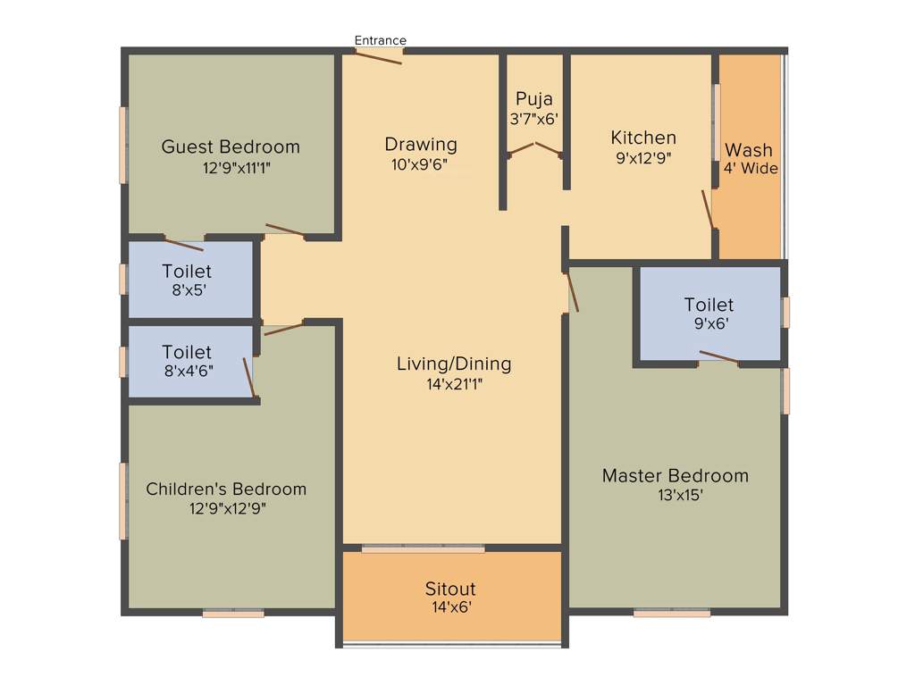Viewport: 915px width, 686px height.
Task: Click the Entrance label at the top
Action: point(380,40)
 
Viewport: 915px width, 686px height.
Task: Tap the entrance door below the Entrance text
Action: point(378,56)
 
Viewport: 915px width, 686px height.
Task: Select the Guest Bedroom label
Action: point(231,146)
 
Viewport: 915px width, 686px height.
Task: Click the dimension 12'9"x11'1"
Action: point(234,167)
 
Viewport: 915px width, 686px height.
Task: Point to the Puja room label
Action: point(534,99)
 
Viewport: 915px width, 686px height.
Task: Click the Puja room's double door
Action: point(534,148)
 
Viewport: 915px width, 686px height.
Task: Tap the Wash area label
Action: point(749,150)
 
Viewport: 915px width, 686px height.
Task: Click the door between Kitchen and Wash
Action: point(709,211)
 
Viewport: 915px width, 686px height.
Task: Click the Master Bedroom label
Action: point(675,475)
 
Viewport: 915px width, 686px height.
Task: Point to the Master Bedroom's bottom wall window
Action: point(672,613)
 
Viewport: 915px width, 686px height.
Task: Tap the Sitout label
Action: point(450,589)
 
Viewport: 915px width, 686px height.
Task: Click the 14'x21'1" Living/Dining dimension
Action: point(453,384)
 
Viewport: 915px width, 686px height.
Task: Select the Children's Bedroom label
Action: point(226,489)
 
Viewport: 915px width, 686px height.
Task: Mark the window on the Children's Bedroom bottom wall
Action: point(233,613)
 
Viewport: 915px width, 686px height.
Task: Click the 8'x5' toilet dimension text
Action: point(186,289)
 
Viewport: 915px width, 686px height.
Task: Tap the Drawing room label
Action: point(421,144)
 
